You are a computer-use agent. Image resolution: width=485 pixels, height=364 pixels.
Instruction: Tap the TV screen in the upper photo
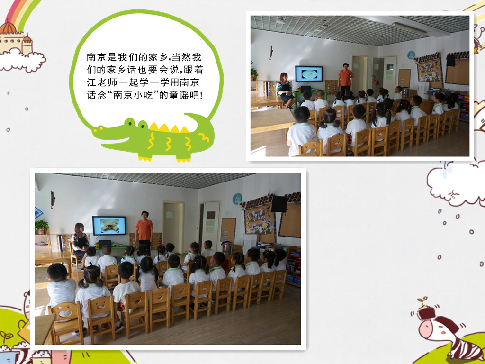point(309,73)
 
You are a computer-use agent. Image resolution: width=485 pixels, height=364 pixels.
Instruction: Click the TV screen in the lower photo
point(109,226)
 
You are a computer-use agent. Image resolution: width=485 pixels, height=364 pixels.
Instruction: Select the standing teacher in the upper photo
point(345,79)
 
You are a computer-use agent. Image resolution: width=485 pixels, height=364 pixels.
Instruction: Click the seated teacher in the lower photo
point(80,240)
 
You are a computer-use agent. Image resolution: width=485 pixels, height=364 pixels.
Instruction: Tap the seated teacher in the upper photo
point(285,90)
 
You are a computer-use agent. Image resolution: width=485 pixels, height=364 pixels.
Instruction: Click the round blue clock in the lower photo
point(237,199)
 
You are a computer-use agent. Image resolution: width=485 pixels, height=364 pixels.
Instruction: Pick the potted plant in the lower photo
point(42,227)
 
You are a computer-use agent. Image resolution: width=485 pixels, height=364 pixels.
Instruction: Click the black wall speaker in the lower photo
point(278,204)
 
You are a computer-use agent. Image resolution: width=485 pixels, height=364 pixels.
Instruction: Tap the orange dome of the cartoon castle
point(8,27)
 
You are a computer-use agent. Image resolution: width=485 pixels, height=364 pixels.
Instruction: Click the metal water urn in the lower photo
point(228,248)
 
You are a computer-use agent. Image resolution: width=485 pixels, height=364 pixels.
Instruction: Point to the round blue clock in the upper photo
point(411,55)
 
